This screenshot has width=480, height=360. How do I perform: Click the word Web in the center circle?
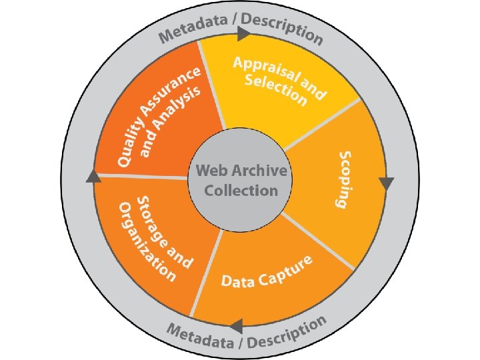click(x=209, y=171)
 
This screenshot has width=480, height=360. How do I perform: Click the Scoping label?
click(x=346, y=179)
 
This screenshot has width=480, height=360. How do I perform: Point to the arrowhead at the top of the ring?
click(x=244, y=33)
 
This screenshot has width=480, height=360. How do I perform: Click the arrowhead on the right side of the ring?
click(x=386, y=183)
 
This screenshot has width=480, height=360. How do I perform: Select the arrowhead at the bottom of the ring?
click(x=235, y=326)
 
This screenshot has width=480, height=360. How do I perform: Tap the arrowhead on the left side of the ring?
click(x=94, y=176)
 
